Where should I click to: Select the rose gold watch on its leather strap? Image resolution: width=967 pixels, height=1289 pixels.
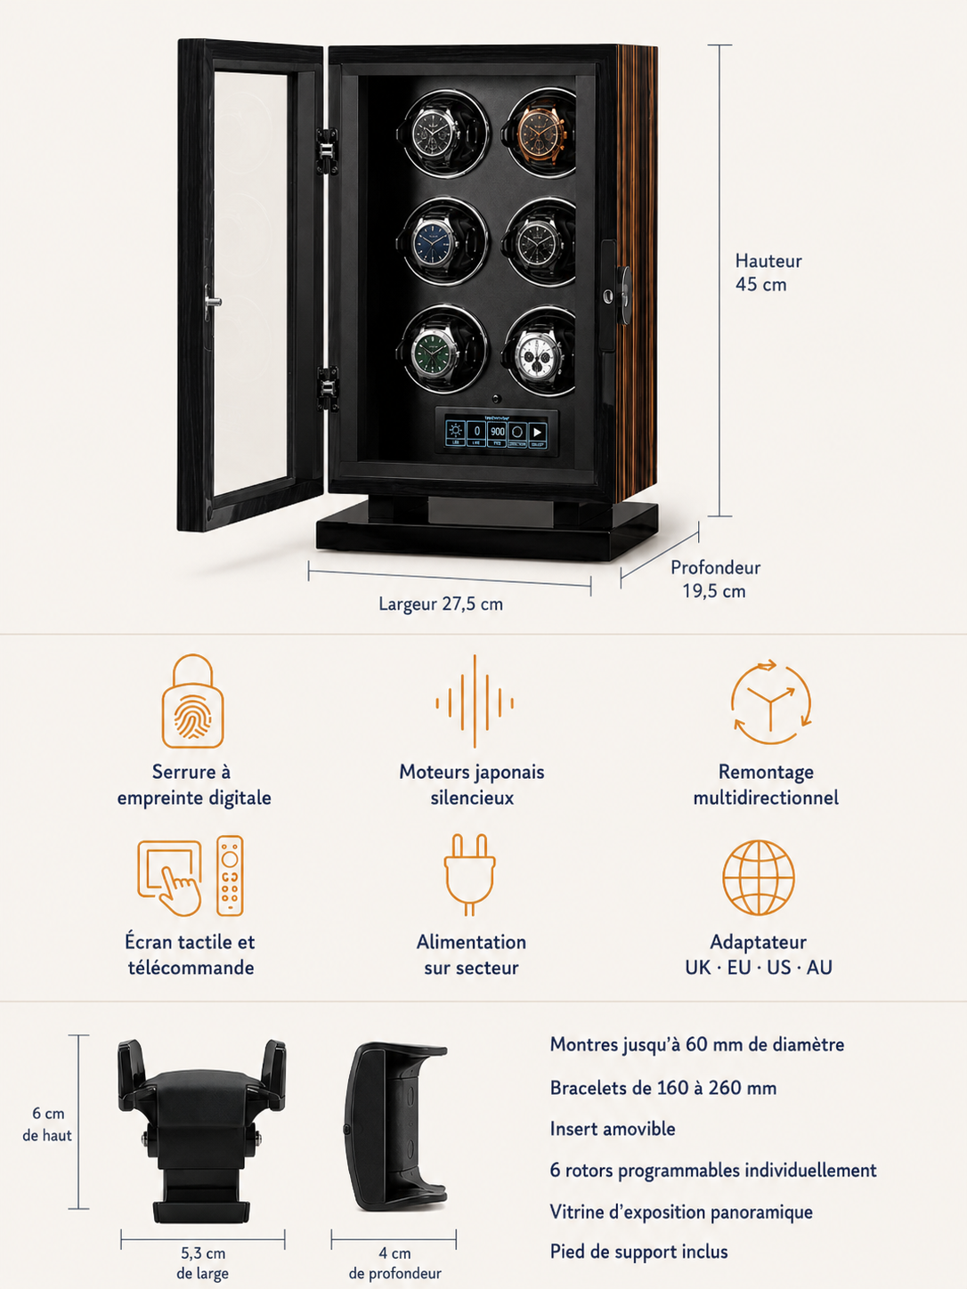click(541, 132)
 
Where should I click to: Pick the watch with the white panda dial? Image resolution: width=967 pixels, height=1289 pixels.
click(540, 351)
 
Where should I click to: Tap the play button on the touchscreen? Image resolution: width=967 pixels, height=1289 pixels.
click(537, 433)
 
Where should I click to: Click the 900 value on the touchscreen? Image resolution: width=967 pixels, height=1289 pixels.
click(497, 433)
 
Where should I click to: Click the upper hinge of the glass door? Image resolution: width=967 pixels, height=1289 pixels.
click(329, 151)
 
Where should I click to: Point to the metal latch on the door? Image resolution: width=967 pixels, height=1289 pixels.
click(211, 302)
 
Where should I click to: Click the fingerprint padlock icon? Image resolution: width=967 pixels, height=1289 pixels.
click(193, 701)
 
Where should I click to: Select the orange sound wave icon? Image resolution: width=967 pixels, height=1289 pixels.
click(475, 701)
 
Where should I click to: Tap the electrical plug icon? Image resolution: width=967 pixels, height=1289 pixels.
click(469, 874)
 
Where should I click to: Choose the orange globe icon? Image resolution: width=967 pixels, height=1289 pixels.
click(759, 878)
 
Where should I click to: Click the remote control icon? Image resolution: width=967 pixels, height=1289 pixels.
click(230, 876)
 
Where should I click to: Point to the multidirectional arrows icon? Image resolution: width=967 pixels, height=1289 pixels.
click(771, 702)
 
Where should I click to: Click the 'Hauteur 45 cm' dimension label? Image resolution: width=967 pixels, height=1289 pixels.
click(768, 272)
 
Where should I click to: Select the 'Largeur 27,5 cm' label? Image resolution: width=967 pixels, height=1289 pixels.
click(441, 604)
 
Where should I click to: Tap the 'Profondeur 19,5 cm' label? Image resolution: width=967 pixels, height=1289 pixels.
click(715, 579)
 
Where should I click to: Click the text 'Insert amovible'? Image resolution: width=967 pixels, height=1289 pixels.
click(613, 1129)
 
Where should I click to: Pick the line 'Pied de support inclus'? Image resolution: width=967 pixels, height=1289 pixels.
click(638, 1252)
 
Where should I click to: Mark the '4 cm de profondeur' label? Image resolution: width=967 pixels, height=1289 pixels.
click(394, 1263)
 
